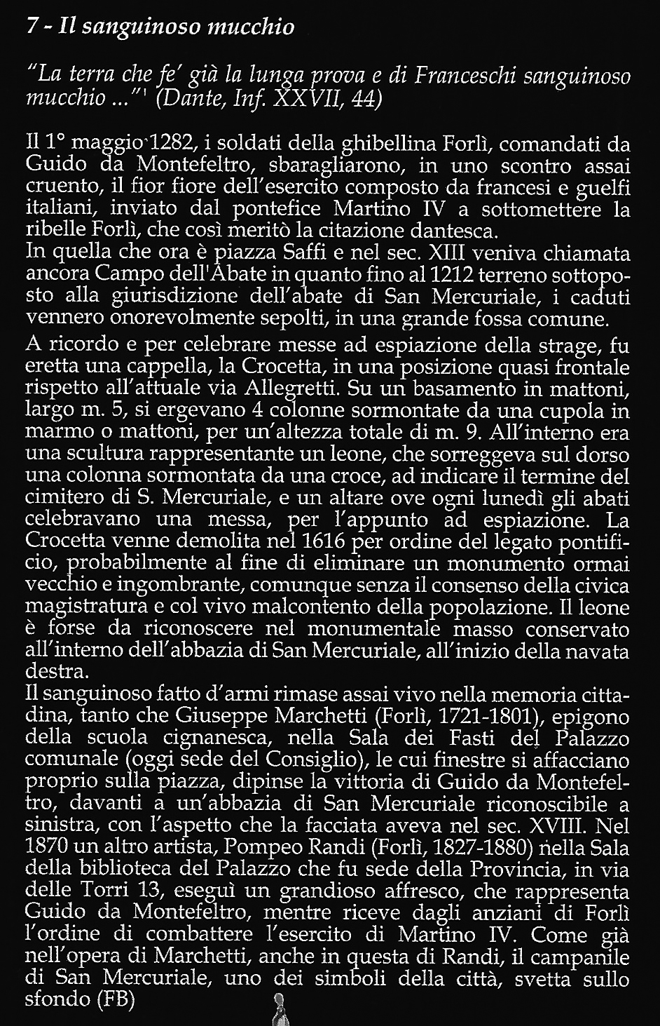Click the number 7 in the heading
pos(30,27)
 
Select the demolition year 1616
pos(338,542)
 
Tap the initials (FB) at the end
pos(109,999)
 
